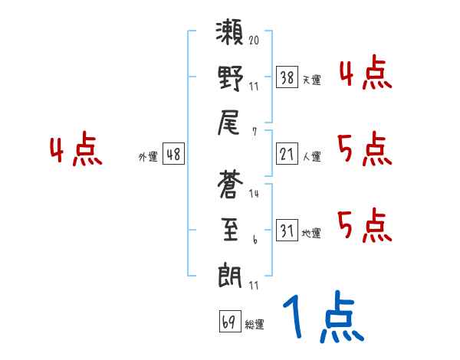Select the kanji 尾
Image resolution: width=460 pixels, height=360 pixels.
tap(231, 123)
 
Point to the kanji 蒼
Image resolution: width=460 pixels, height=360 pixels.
tap(231, 185)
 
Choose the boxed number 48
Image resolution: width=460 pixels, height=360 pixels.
tap(173, 154)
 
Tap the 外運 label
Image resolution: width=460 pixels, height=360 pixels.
tap(148, 156)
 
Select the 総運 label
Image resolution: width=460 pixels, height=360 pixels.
tap(254, 324)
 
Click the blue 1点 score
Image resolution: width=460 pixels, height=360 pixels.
tap(321, 319)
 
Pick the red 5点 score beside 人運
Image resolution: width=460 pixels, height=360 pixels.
tap(365, 149)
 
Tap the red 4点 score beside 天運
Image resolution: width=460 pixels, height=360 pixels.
tap(365, 74)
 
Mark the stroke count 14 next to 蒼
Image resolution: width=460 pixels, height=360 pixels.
tap(254, 193)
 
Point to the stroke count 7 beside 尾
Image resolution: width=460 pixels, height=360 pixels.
tap(254, 131)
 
